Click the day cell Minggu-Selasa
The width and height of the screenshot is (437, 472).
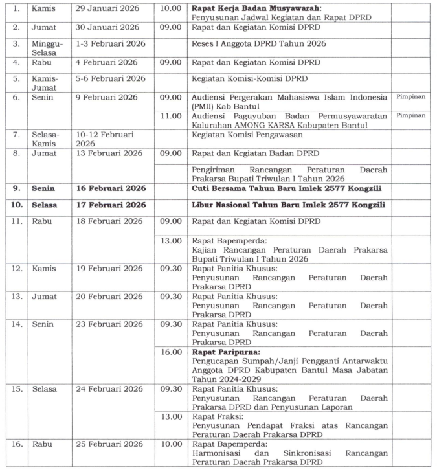tap(47, 49)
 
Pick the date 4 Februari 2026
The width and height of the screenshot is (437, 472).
tap(106, 63)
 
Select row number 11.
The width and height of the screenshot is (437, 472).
tap(17, 221)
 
